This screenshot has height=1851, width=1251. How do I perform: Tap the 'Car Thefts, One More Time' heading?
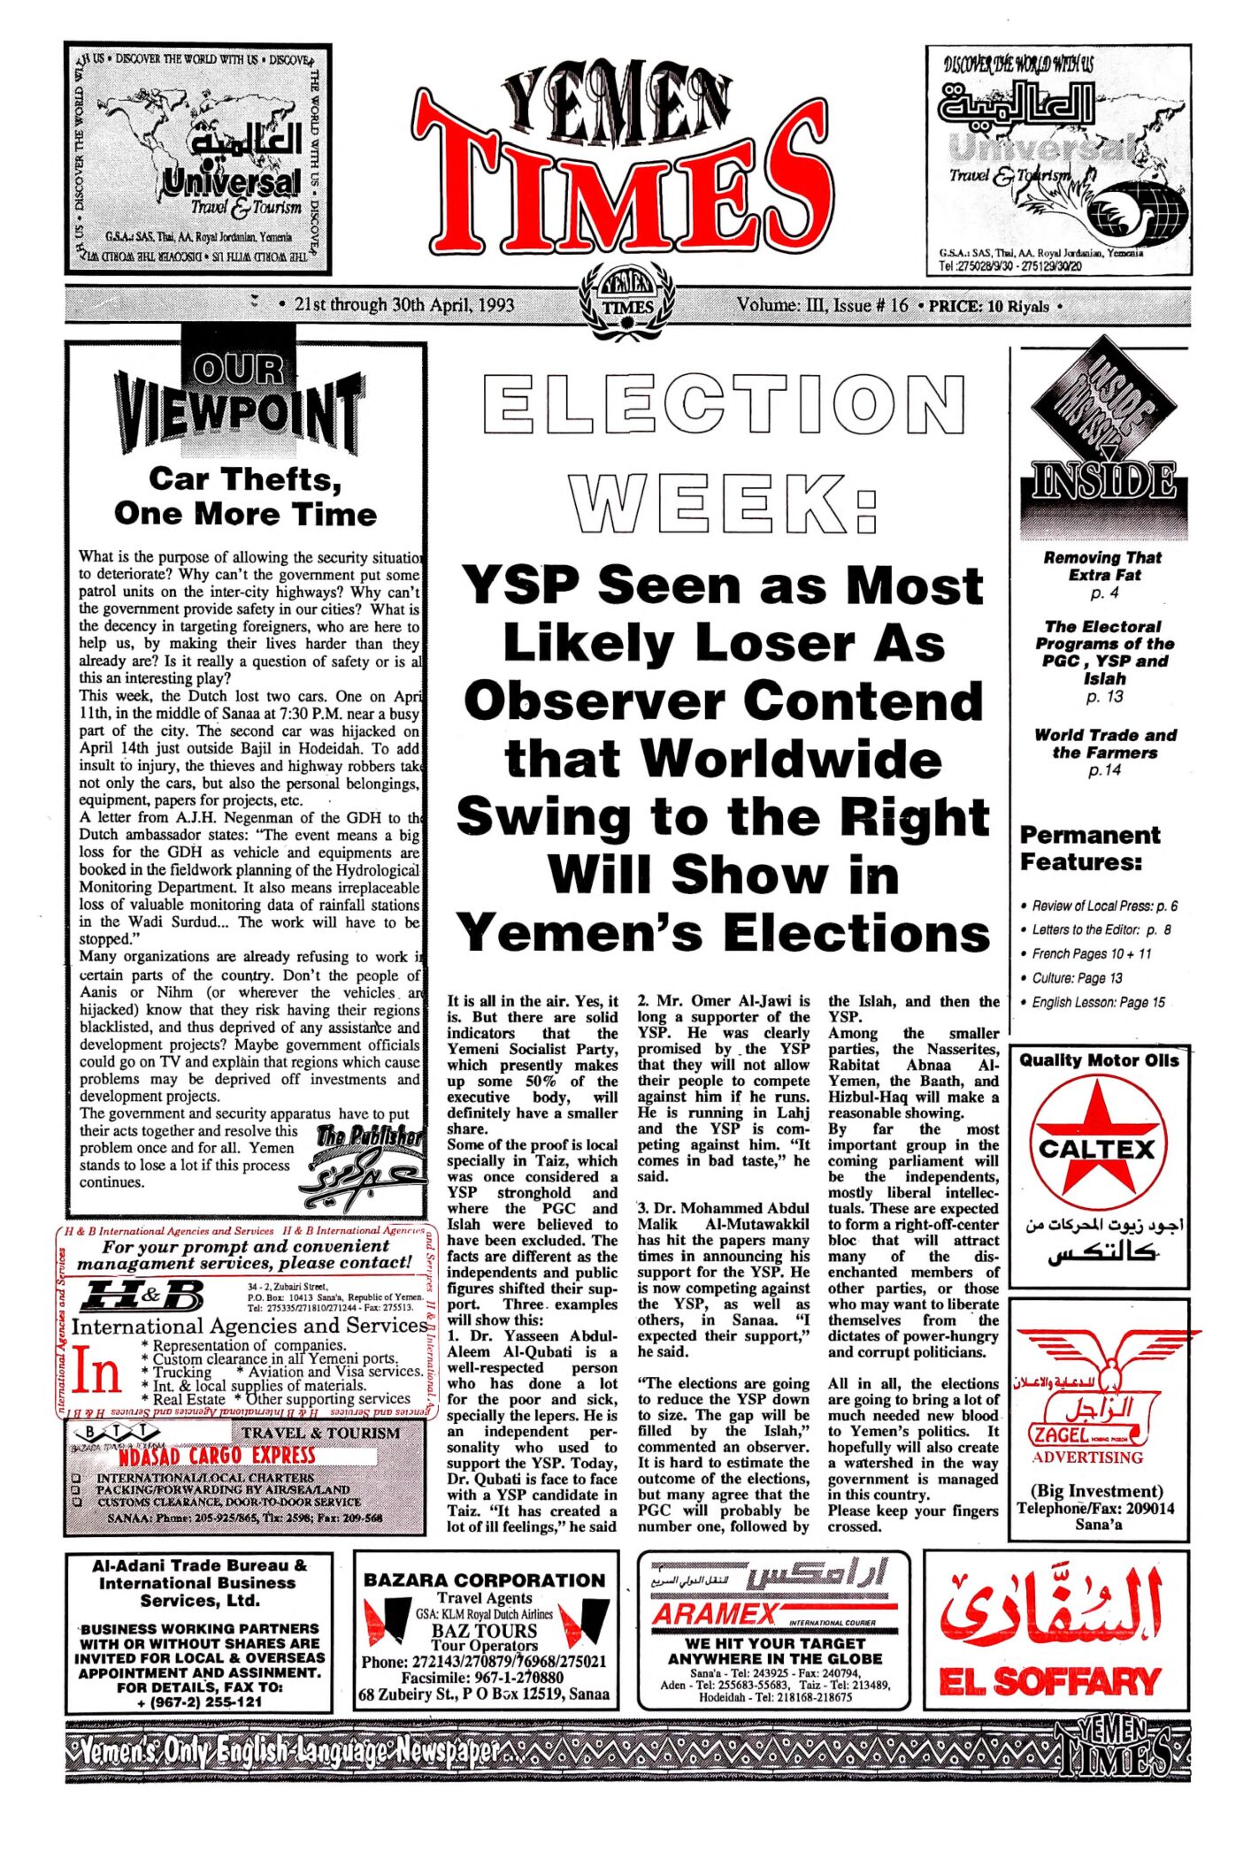245,496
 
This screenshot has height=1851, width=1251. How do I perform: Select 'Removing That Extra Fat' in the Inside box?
1102,566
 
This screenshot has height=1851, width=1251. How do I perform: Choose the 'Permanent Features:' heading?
1089,847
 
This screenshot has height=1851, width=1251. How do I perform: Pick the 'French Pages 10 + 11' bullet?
1092,953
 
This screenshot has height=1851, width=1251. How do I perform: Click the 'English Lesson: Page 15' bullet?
1098,1002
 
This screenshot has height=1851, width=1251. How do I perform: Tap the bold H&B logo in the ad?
142,1297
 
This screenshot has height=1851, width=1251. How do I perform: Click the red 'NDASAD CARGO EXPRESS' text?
217,1456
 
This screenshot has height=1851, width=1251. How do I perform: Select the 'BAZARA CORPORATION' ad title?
485,1579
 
